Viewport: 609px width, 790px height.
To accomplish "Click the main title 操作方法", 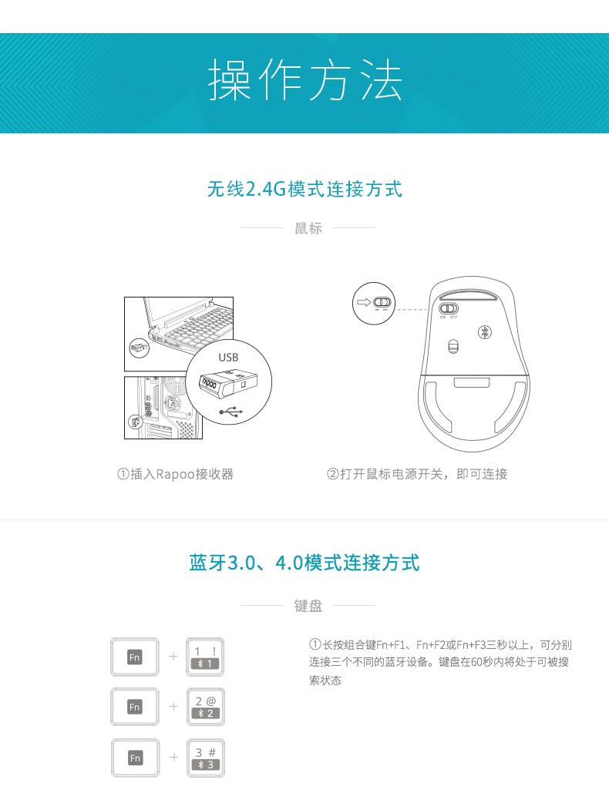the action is pos(304,79).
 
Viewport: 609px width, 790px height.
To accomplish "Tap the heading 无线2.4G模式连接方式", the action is pos(304,190).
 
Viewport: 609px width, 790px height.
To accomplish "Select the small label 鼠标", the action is pos(308,228).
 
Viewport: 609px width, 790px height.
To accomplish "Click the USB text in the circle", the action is pos(228,357).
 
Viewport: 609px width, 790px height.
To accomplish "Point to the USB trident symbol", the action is pos(231,412).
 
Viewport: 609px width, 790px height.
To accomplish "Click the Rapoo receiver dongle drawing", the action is pos(228,384).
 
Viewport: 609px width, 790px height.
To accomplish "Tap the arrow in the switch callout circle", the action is pos(364,302).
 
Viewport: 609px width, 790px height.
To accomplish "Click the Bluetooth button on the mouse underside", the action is pos(485,332).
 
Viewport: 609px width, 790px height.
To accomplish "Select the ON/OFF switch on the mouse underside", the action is pos(449,308).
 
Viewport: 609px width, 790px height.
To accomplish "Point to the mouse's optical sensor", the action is pos(453,347).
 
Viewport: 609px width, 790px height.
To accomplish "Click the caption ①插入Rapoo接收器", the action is pos(175,474).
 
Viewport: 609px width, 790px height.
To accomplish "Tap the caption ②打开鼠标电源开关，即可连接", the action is pos(417,474).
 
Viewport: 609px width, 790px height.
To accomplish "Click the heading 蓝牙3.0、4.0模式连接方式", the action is pos(304,563).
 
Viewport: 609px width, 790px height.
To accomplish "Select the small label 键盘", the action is pos(308,606).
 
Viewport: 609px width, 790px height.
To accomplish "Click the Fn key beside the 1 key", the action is pos(134,657).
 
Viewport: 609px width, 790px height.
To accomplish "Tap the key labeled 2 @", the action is pos(205,707).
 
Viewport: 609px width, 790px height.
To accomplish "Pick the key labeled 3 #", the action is pos(205,758).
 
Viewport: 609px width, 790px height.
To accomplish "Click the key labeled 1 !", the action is pos(205,657).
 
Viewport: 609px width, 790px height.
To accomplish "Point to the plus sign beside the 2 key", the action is pos(173,706).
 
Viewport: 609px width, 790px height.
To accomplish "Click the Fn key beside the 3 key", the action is pos(135,758).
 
